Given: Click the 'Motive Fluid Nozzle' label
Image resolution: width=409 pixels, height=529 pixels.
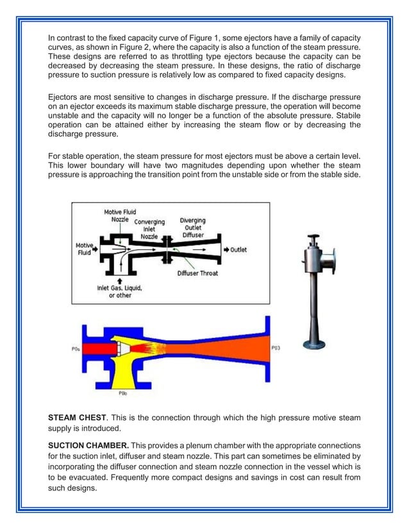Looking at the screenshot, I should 120,216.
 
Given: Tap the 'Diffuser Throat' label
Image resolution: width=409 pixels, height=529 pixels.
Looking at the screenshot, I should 197,273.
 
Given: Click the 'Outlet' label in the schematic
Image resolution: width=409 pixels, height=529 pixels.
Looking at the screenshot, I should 238,249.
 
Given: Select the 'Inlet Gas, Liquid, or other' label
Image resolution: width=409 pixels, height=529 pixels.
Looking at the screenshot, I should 120,292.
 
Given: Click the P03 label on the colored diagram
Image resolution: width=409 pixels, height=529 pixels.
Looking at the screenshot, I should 276,348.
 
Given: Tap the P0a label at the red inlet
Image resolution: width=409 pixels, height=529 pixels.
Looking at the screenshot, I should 76,349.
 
